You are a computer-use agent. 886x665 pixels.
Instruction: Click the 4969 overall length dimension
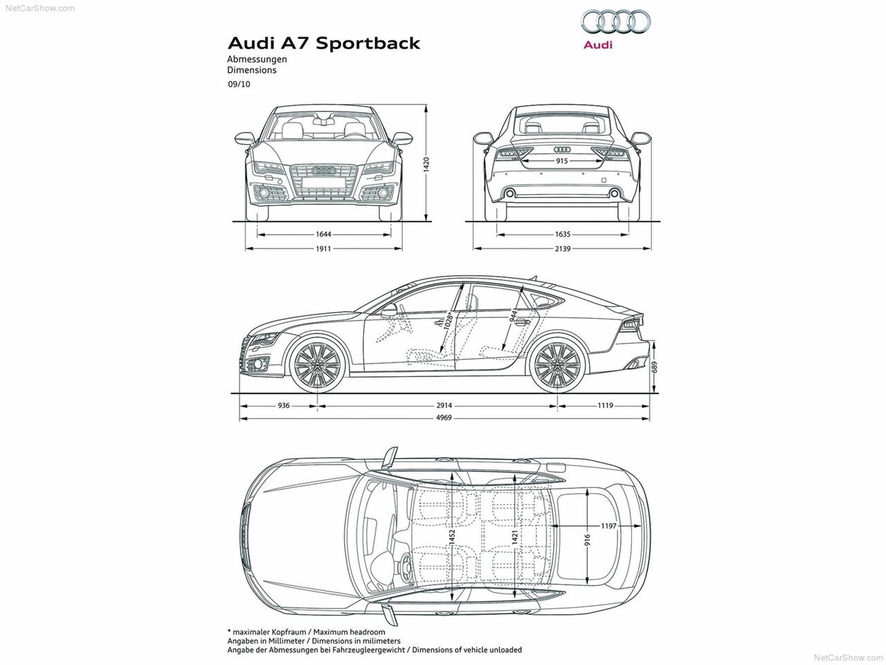443,418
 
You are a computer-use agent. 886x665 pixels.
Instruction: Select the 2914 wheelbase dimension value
444,405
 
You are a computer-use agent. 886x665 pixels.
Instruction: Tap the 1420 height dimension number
426,164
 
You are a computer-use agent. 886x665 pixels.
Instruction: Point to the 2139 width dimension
562,249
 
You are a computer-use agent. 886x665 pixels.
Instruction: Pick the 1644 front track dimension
323,234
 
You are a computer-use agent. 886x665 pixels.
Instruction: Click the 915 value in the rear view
562,161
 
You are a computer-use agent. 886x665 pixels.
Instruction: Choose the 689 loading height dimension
654,366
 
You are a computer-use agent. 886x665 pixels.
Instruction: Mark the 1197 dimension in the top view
608,526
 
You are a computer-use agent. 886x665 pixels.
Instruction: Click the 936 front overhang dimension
283,405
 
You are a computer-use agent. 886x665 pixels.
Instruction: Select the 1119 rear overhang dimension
605,405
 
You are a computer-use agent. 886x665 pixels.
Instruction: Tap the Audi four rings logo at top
615,22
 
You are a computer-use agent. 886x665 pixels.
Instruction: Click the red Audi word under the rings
598,45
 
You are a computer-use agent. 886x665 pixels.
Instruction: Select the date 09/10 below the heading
239,85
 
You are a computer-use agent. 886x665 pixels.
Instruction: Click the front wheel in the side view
318,365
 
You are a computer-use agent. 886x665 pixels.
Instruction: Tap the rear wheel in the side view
557,365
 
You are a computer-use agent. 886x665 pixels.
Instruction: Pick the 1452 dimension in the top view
452,538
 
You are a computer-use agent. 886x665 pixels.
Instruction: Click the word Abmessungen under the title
257,60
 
